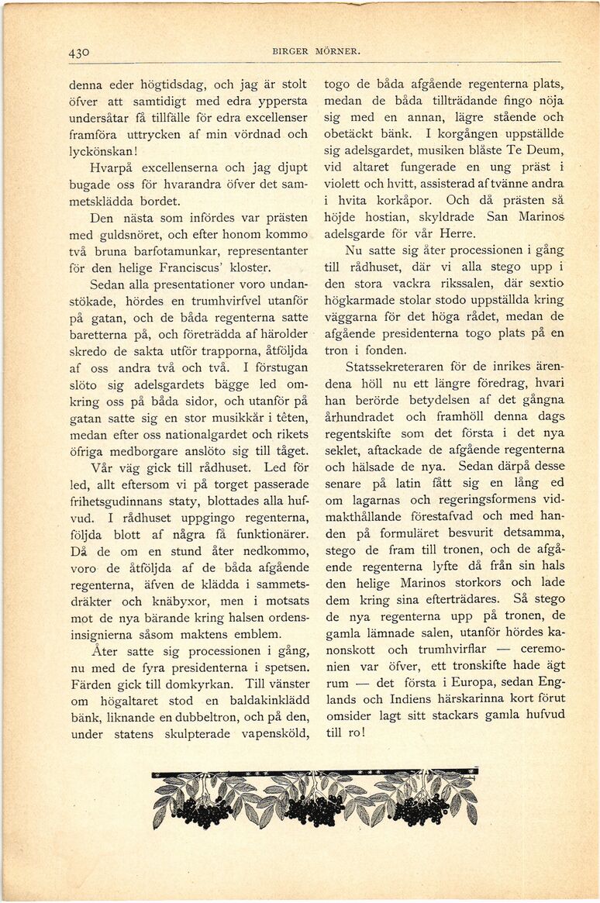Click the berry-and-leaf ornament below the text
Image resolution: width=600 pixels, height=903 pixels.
314,798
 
